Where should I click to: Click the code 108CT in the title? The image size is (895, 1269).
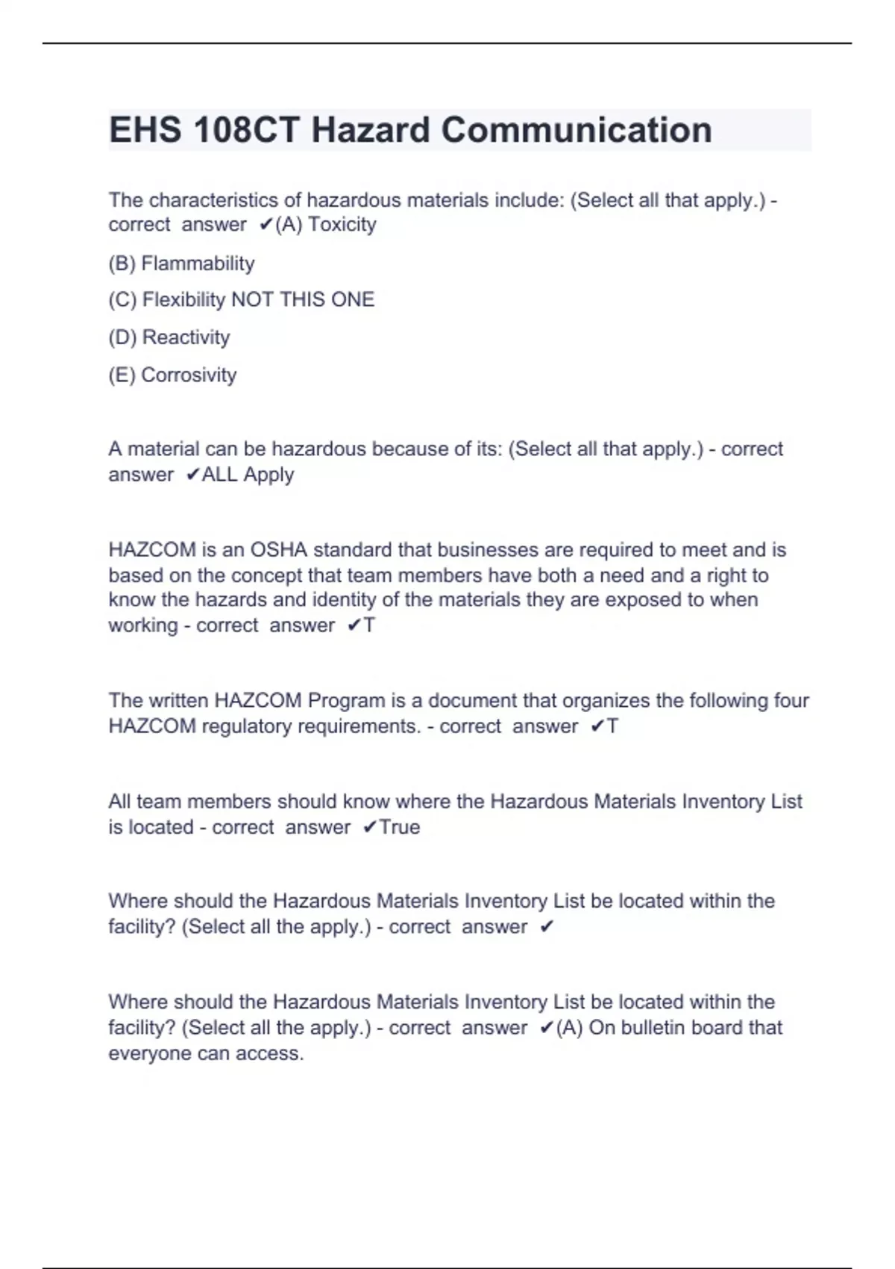245,130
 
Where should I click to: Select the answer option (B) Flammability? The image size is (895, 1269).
181,264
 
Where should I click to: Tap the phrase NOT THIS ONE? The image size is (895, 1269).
303,300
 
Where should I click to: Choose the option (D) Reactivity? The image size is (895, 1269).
169,337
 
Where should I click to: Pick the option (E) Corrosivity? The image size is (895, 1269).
172,375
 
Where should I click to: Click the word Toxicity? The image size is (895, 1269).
342,225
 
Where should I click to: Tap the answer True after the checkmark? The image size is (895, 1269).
400,827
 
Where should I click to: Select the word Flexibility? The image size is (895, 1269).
183,300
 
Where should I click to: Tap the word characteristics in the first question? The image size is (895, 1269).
204,200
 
